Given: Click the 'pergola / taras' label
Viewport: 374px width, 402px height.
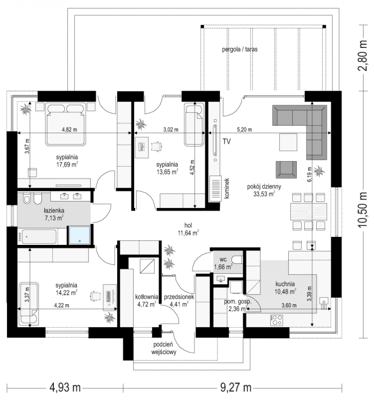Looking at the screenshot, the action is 240,49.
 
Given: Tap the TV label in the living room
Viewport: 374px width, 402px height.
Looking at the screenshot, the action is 227,141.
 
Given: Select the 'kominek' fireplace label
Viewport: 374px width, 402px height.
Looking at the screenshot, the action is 227,188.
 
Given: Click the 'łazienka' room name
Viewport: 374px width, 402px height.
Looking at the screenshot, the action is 54,210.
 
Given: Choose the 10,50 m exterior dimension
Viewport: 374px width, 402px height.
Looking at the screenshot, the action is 363,210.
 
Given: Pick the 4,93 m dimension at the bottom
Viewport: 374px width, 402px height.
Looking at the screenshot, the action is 65,387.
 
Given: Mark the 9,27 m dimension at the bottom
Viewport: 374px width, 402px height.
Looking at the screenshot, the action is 236,387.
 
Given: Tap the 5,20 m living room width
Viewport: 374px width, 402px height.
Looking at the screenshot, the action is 244,129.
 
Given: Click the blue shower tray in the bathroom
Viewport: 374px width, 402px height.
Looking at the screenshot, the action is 80,235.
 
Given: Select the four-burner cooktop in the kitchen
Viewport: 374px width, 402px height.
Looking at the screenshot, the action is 277,320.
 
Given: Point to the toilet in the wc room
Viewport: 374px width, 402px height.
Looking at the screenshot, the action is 237,260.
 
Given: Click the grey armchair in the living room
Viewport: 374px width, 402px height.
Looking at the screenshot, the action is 286,170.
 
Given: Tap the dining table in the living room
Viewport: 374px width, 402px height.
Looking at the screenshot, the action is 309,211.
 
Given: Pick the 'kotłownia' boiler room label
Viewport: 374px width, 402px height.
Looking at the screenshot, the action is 147,297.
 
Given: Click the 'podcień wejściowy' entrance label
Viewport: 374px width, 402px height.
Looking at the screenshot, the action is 164,348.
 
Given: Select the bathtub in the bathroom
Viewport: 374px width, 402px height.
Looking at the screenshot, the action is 39,237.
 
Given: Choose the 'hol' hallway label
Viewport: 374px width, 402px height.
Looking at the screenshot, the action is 188,225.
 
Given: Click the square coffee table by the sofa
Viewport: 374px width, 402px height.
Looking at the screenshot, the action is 288,142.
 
